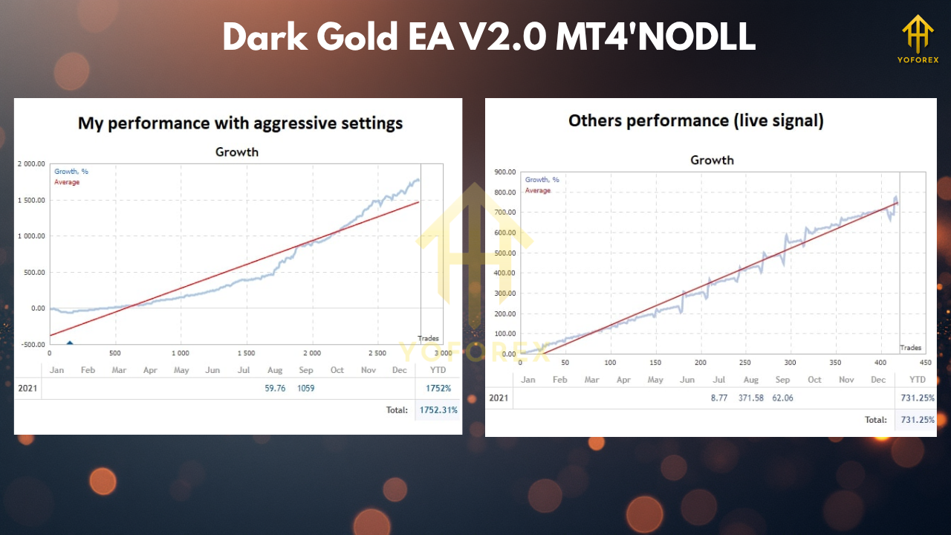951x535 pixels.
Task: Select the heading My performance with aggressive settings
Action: point(240,123)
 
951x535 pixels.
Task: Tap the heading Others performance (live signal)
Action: point(695,120)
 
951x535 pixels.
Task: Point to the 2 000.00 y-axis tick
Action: point(30,164)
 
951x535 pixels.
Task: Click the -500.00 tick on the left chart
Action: point(30,344)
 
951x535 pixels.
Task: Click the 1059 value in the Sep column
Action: point(307,388)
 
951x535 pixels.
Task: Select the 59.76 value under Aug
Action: point(276,388)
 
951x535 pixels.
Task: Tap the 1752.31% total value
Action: point(438,409)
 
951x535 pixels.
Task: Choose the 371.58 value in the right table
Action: point(751,398)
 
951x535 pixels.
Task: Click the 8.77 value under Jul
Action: point(718,398)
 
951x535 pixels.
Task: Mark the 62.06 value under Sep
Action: point(782,398)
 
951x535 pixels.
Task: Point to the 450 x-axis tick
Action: point(925,363)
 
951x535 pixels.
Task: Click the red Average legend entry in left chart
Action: point(67,182)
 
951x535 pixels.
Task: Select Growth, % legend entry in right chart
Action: point(542,180)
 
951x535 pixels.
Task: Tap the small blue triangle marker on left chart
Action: point(70,343)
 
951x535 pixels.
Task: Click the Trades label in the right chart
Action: point(910,348)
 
